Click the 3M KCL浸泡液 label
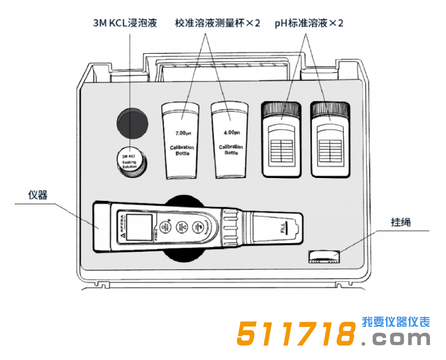[125, 23]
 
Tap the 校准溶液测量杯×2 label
[217, 23]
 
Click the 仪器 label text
[38, 195]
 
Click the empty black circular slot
[133, 122]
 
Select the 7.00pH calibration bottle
[181, 140]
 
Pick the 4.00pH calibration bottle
[230, 140]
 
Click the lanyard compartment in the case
[323, 256]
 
